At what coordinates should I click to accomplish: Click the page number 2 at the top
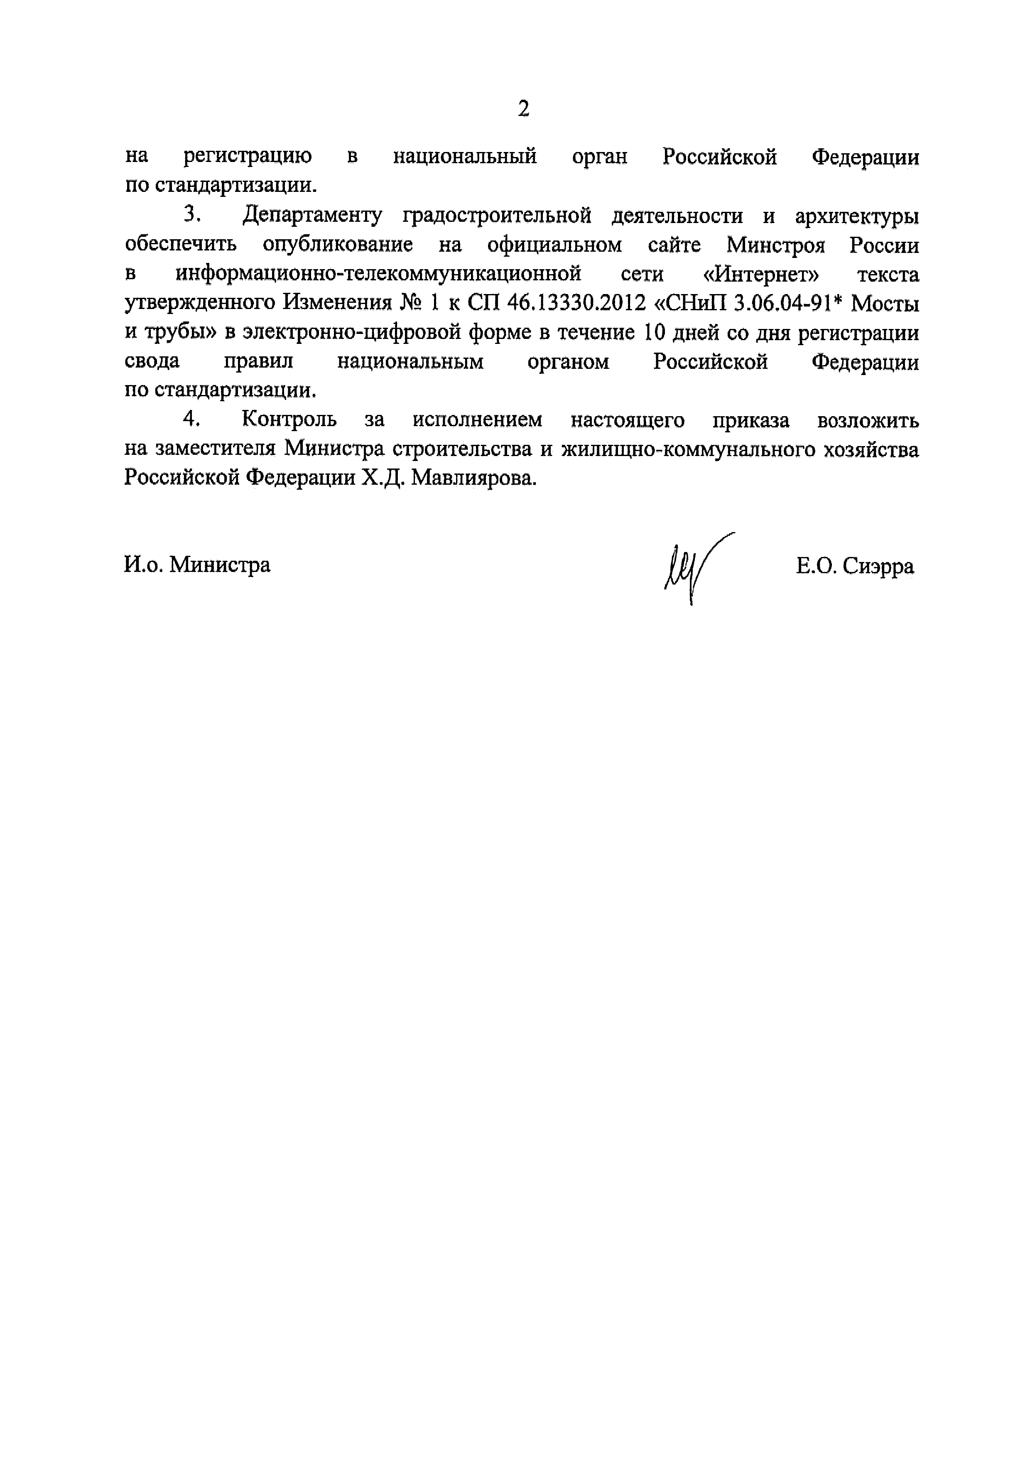pos(523,109)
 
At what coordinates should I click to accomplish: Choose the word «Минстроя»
pos(775,245)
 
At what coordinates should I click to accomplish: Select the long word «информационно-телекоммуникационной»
pos(378,274)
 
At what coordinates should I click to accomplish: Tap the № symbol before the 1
pos(414,303)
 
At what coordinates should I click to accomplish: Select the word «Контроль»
pos(289,420)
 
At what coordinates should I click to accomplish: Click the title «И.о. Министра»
pos(197,564)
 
